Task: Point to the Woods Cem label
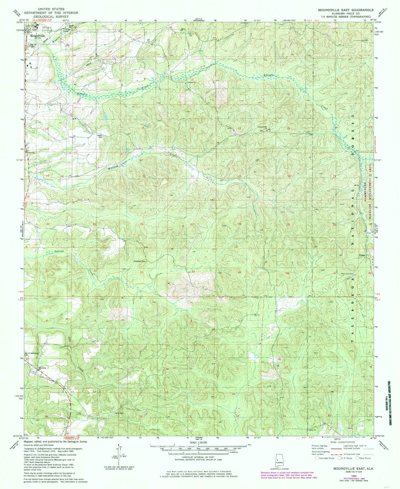pyautogui.click(x=100, y=136)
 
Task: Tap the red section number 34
pyautogui.click(x=193, y=272)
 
